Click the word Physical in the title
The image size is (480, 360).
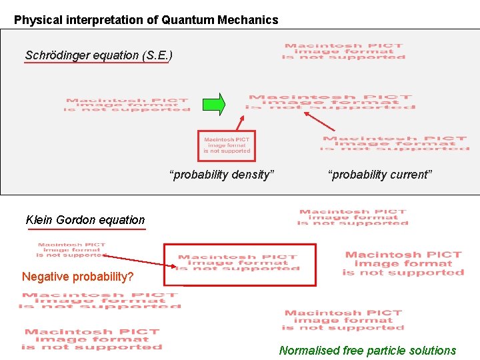(37, 20)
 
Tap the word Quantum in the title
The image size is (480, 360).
(189, 20)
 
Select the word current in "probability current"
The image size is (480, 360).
(411, 175)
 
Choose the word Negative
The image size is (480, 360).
(46, 277)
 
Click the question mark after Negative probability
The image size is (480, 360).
(131, 277)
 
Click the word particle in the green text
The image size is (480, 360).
(383, 351)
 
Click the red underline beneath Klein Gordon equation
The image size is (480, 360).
(87, 229)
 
